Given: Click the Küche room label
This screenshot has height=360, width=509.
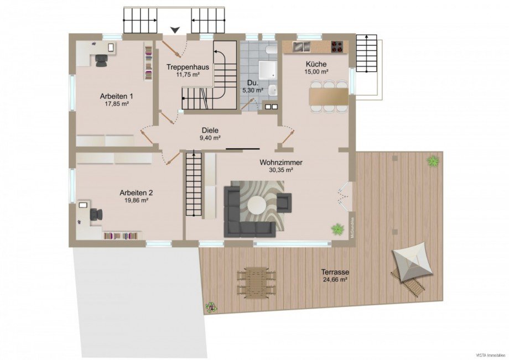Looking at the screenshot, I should [x=317, y=64].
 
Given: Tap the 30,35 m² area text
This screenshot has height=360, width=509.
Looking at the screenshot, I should [x=282, y=170].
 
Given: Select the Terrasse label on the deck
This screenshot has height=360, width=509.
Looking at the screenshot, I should [x=336, y=272].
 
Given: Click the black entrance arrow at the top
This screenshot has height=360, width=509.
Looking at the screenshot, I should [x=175, y=30].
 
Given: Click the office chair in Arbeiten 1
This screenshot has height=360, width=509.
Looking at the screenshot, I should [x=101, y=60].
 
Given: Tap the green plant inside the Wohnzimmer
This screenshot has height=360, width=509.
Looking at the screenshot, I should [x=337, y=228].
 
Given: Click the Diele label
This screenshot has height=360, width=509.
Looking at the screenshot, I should [x=210, y=131].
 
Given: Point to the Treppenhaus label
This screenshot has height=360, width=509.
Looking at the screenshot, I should [x=188, y=67].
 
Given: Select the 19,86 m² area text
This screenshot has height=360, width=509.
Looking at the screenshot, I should [x=136, y=200].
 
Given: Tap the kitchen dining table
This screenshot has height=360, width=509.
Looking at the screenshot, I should [x=329, y=96].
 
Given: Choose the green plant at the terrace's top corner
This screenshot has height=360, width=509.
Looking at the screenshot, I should [x=432, y=161].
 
